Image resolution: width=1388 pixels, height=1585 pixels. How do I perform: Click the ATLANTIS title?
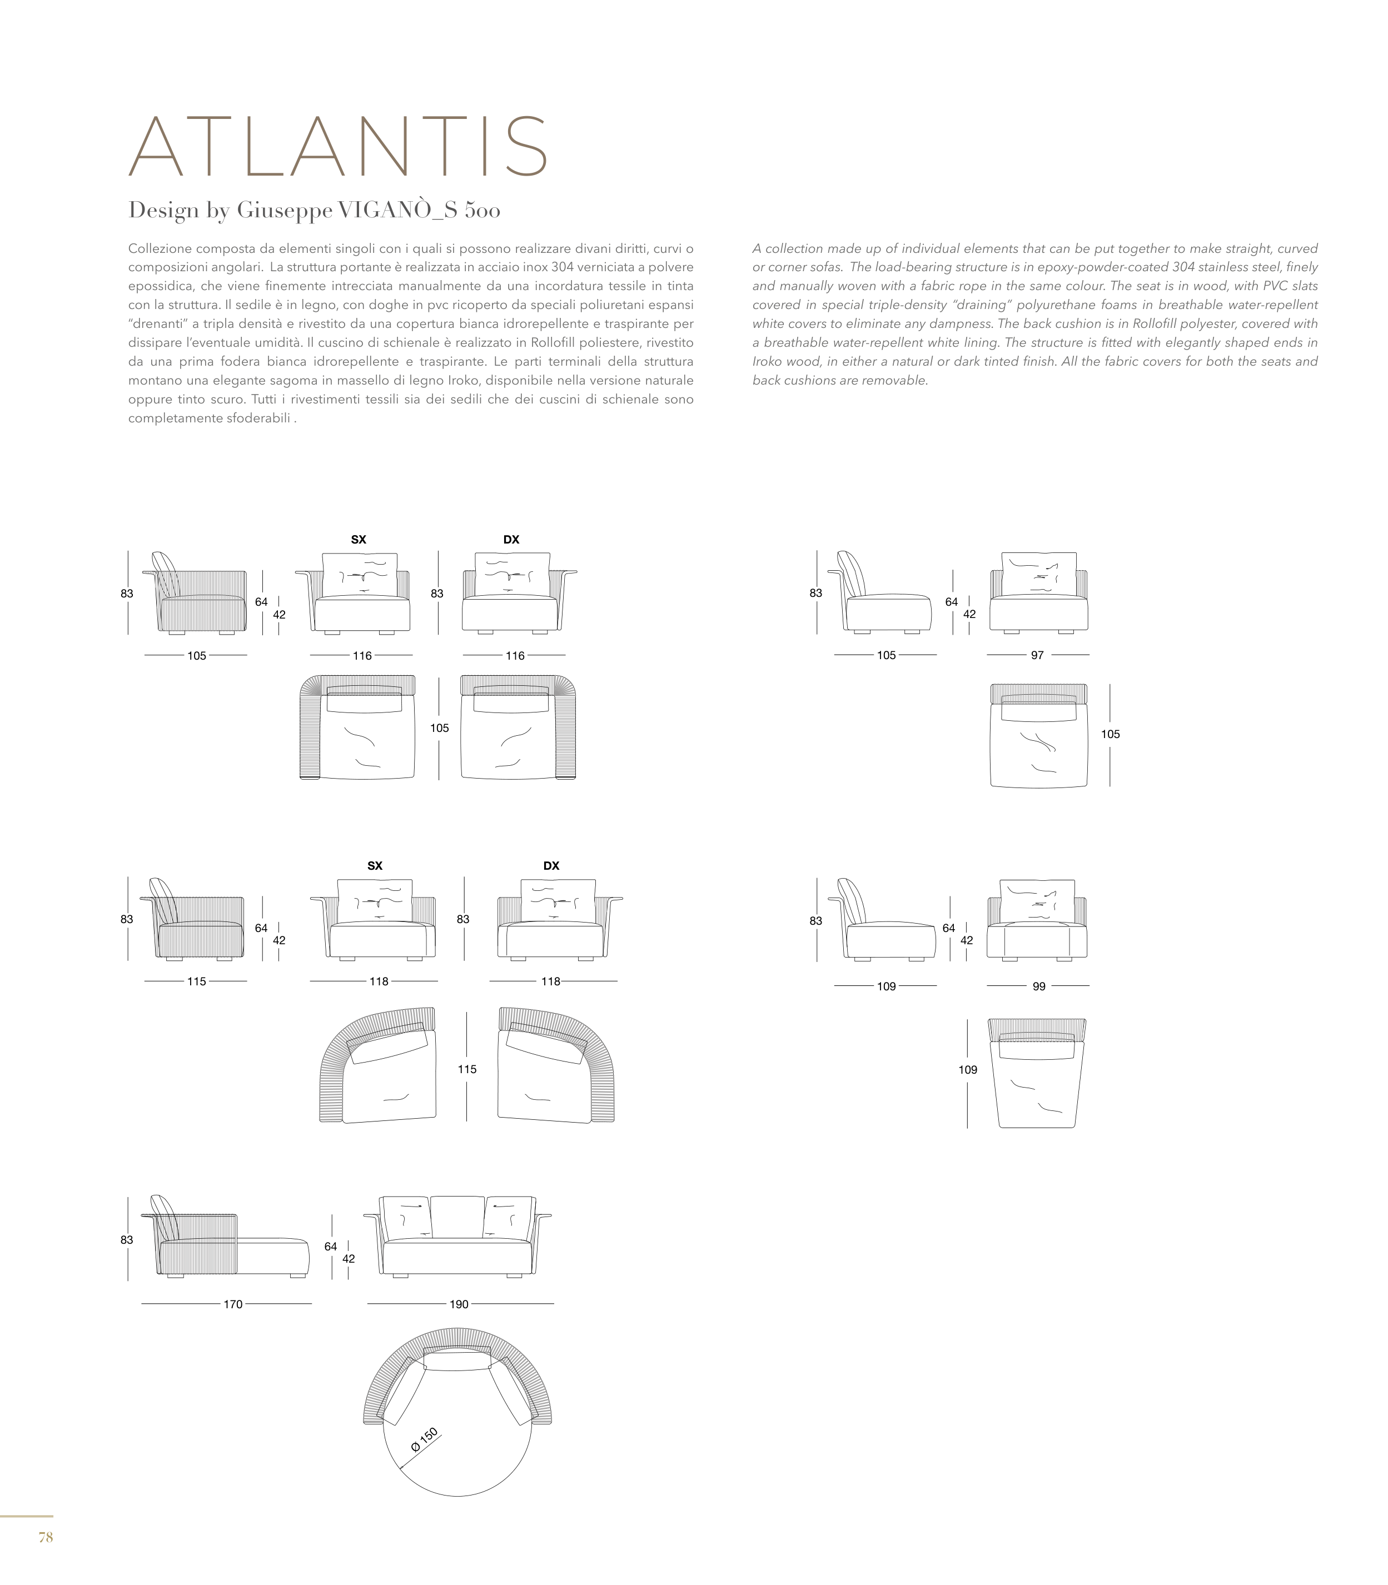click(339, 147)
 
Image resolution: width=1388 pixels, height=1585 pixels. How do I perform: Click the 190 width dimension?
click(459, 1304)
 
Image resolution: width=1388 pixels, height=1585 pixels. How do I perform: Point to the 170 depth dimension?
click(233, 1304)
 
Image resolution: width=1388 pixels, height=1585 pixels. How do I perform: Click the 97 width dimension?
click(1037, 655)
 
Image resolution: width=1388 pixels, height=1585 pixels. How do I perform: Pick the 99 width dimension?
click(1039, 986)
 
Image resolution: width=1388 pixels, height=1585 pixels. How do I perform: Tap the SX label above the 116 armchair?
click(359, 540)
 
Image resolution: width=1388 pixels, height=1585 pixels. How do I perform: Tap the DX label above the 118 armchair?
click(551, 866)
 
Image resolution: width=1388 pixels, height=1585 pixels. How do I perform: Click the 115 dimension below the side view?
click(197, 981)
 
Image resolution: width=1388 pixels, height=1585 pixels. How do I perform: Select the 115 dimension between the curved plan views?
click(466, 1069)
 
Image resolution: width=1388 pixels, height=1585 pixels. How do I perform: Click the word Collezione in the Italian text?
click(160, 248)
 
